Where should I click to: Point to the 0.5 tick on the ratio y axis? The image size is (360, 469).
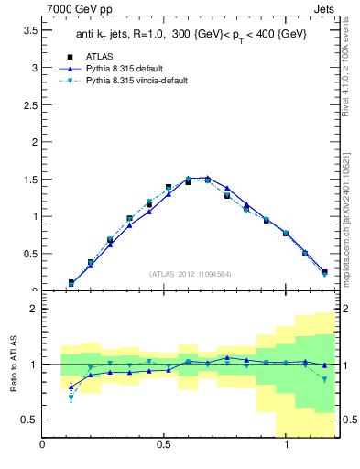(27, 420)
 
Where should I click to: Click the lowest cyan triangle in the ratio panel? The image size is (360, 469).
(71, 398)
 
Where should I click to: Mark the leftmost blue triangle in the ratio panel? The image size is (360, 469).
(71, 387)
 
